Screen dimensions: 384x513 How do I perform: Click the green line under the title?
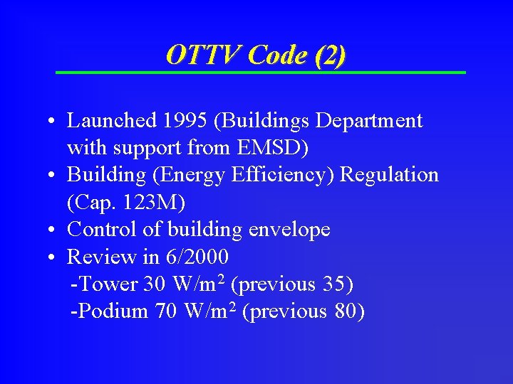point(261,73)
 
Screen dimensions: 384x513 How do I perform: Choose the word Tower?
point(108,284)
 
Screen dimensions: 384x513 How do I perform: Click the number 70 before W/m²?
point(165,311)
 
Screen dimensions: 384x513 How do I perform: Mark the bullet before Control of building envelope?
point(54,230)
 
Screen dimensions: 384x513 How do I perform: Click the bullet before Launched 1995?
point(54,122)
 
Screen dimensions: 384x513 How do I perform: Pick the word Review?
point(95,257)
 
